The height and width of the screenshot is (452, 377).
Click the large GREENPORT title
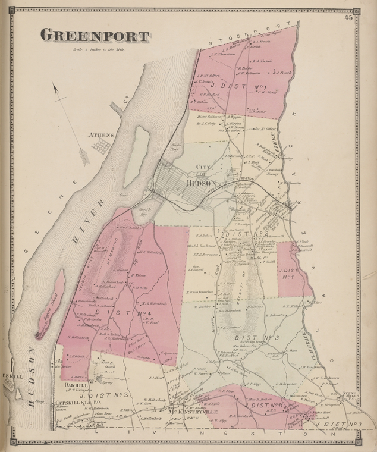click(x=94, y=36)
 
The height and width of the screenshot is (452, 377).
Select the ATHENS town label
click(x=101, y=135)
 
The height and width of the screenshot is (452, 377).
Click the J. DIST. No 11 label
click(x=267, y=406)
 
